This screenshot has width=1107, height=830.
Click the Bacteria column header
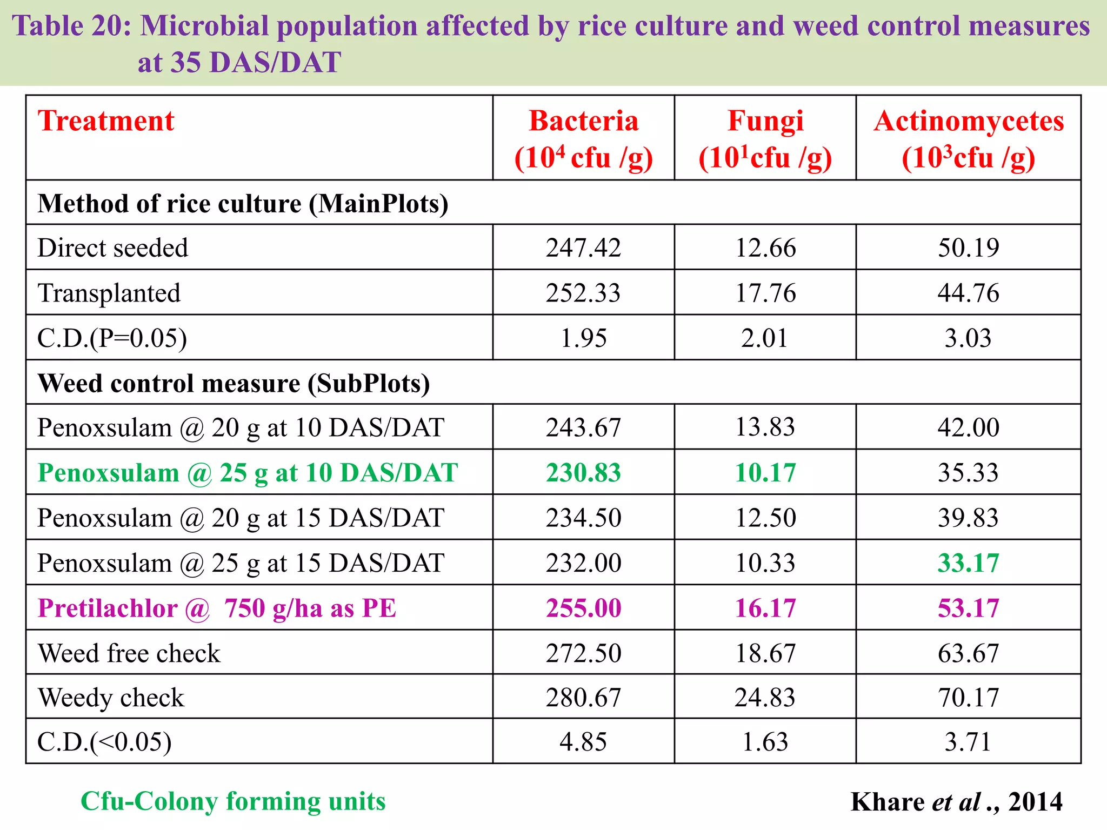(x=584, y=138)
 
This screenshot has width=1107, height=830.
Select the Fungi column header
(x=765, y=138)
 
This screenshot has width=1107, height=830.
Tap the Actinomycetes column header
(x=969, y=138)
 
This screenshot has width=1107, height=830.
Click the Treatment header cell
(x=106, y=121)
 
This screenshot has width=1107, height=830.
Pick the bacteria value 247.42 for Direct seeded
(x=584, y=248)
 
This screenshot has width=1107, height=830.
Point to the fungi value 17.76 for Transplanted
(x=765, y=293)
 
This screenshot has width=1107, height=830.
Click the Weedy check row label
(x=111, y=698)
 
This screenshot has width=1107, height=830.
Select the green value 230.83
(x=584, y=473)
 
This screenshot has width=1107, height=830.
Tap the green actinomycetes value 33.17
(x=969, y=563)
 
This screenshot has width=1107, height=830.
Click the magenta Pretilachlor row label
(x=217, y=608)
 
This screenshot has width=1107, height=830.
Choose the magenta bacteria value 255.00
(x=584, y=608)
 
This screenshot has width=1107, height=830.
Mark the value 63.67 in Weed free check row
(x=969, y=653)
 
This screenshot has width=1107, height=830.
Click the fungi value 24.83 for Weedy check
(x=765, y=698)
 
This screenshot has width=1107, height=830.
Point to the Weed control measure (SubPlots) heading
(x=234, y=384)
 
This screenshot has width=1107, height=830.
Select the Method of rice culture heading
(x=243, y=204)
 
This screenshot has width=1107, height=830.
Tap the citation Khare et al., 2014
(x=956, y=802)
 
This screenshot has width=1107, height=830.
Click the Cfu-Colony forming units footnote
(x=233, y=801)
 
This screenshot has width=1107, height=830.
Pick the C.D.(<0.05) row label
(x=105, y=742)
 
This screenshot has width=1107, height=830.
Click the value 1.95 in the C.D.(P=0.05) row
(x=584, y=338)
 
